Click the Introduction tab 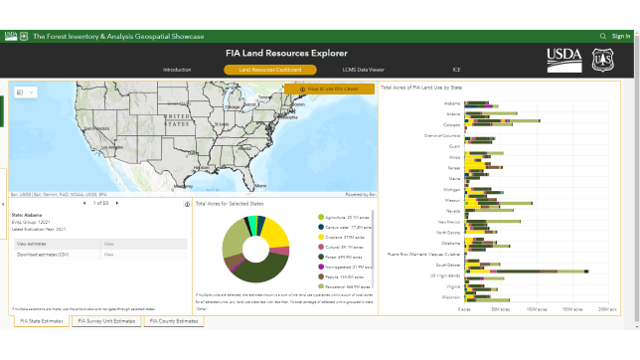[177, 70]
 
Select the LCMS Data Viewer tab [364, 70]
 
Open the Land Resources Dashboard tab [270, 70]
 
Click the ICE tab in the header [456, 70]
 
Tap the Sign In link [621, 36]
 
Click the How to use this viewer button [330, 90]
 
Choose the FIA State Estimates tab [41, 321]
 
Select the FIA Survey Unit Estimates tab [106, 321]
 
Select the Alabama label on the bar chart [452, 103]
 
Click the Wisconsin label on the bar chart [450, 296]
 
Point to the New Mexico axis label [448, 222]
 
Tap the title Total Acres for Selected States [230, 203]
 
